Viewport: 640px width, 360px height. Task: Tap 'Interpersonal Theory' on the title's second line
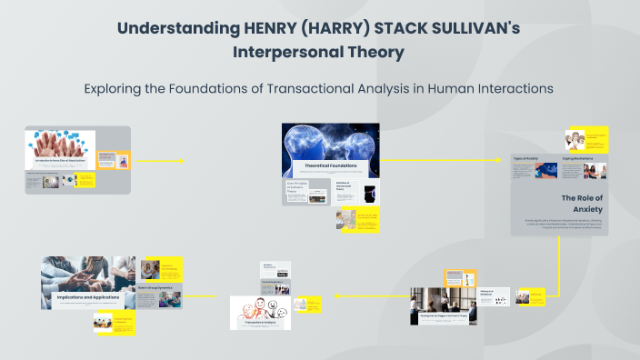tap(319, 52)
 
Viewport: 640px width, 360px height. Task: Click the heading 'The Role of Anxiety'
tap(582, 203)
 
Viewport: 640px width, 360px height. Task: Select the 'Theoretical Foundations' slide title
tap(330, 165)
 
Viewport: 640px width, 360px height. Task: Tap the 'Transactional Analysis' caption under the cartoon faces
tap(260, 323)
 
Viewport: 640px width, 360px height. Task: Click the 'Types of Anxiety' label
tap(526, 158)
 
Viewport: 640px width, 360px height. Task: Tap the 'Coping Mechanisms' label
tap(578, 158)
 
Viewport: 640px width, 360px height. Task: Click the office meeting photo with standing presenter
tap(443, 305)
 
